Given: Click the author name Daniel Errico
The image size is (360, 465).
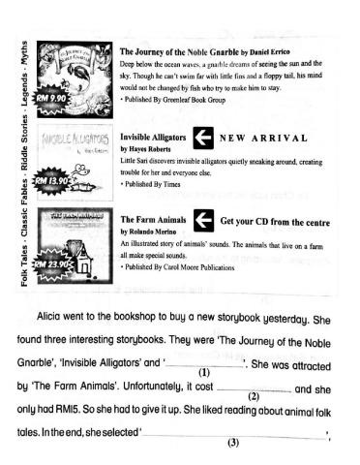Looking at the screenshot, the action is pos(282,49).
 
